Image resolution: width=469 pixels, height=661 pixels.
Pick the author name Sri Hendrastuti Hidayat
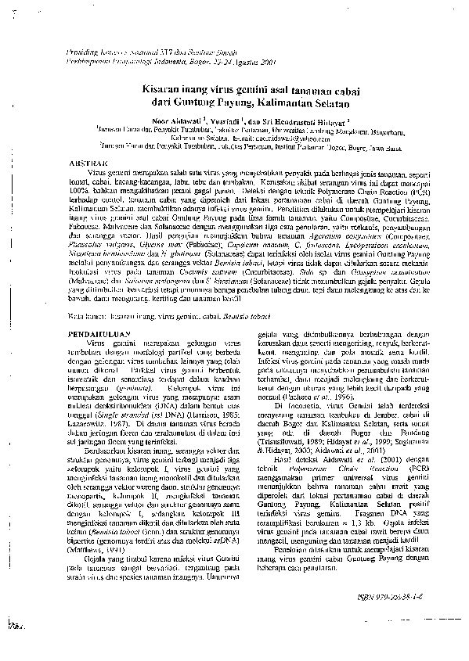308,122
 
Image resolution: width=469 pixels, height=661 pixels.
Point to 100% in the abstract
81,192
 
